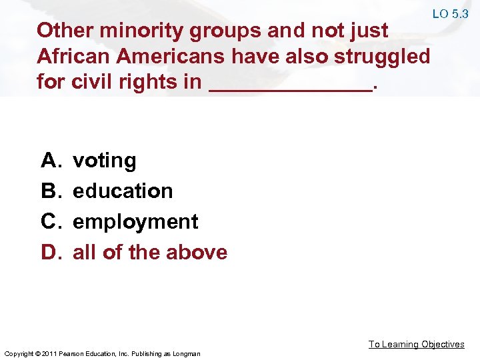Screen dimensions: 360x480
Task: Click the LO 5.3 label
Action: pyautogui.click(x=450, y=14)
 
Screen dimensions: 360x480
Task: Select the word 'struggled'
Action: pyautogui.click(x=383, y=56)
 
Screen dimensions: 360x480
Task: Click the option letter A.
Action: pyautogui.click(x=50, y=161)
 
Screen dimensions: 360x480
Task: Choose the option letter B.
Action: pyautogui.click(x=50, y=191)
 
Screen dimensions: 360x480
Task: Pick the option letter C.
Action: pyautogui.click(x=50, y=222)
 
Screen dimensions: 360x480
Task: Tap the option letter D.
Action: pyautogui.click(x=50, y=253)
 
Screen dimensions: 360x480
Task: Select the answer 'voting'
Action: pyautogui.click(x=105, y=161)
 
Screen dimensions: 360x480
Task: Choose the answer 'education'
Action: pyautogui.click(x=123, y=191)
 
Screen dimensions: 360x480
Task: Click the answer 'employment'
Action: pyautogui.click(x=135, y=222)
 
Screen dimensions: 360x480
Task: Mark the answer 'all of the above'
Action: pyautogui.click(x=150, y=253)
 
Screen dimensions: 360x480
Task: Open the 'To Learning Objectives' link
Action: pyautogui.click(x=417, y=344)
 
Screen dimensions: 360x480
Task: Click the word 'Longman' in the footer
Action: pyautogui.click(x=187, y=353)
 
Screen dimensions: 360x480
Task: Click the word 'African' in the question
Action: pyautogui.click(x=73, y=56)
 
